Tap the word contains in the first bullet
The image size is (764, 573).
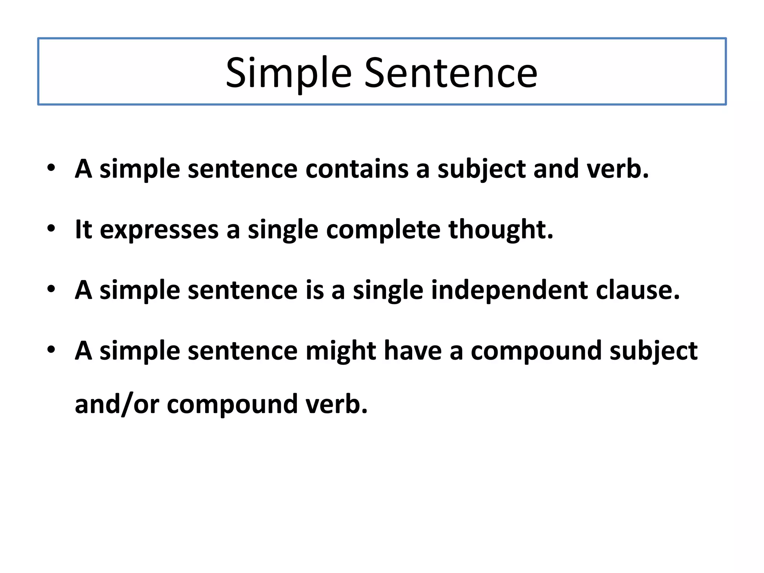click(357, 169)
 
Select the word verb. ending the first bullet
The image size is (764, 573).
click(617, 169)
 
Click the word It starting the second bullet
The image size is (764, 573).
click(83, 229)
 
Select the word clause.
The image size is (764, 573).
click(638, 290)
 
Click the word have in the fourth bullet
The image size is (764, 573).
click(413, 351)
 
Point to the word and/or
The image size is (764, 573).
click(117, 404)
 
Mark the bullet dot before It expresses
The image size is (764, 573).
click(51, 228)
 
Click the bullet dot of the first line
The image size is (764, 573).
click(51, 167)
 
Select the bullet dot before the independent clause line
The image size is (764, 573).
click(51, 289)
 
